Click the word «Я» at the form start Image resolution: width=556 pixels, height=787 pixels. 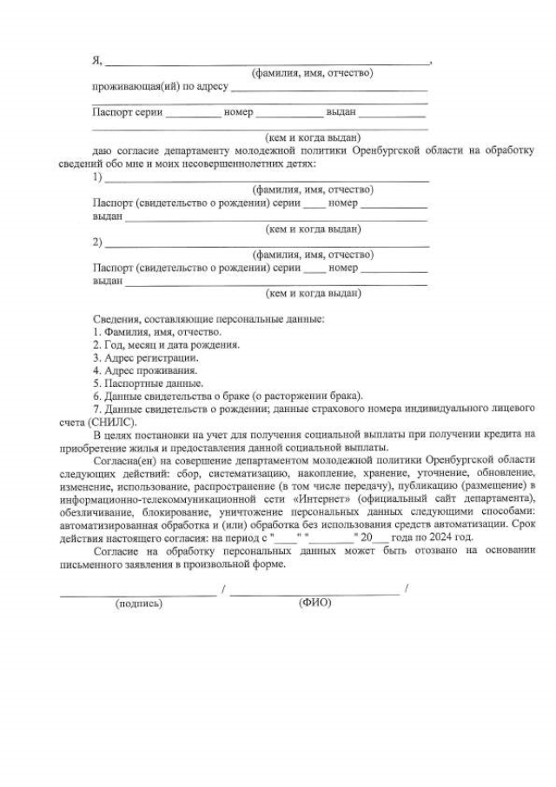coord(96,61)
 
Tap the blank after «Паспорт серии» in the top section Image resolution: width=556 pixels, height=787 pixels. coord(193,116)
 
